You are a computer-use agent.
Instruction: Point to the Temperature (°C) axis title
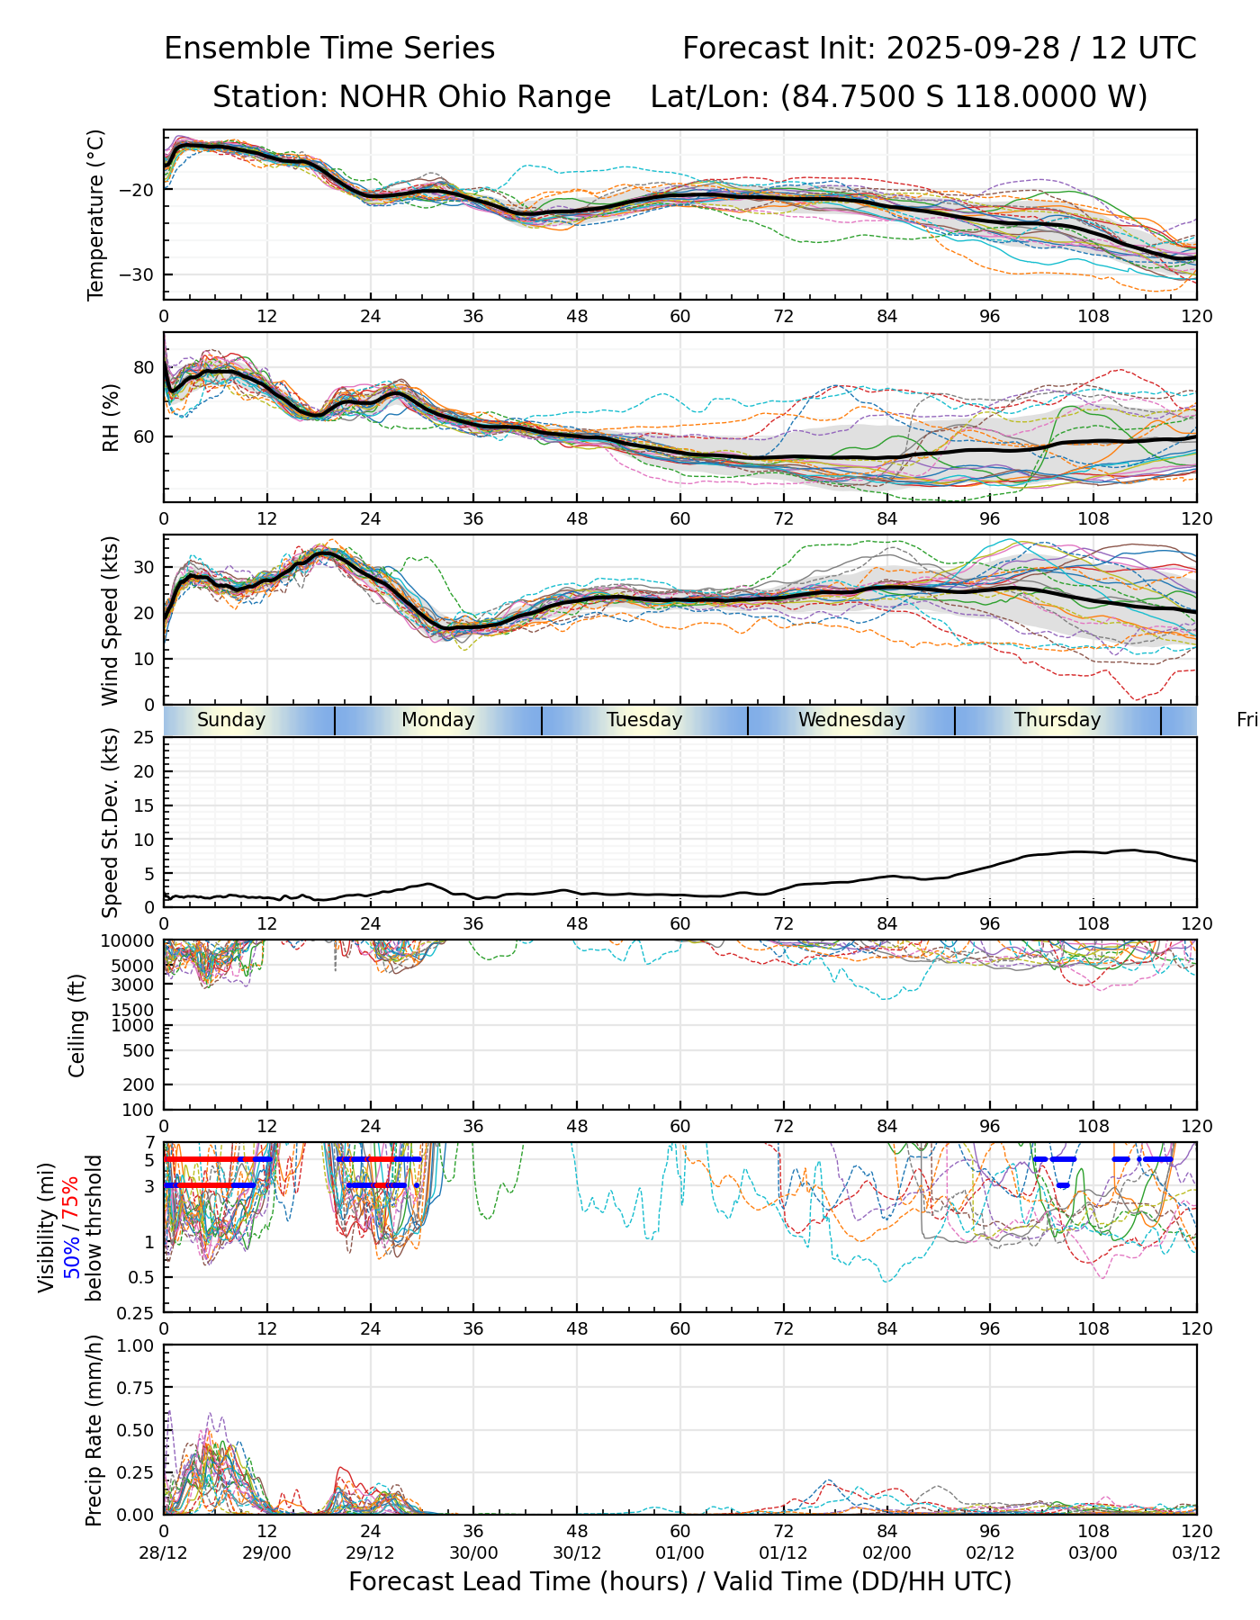coord(96,214)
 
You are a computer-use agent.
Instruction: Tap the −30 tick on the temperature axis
coord(141,274)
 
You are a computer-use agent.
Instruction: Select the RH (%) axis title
coord(111,418)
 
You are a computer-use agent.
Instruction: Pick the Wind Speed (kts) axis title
coord(110,620)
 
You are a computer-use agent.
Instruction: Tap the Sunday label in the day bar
coord(231,720)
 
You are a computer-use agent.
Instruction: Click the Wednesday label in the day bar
coord(851,720)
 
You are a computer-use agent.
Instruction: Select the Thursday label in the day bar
coord(1057,720)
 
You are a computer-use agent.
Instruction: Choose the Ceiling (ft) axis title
coord(77,1025)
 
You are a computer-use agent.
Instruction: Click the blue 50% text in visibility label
coord(71,1255)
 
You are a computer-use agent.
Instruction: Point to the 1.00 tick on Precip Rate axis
coord(136,1345)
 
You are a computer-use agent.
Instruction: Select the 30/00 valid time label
coord(473,1552)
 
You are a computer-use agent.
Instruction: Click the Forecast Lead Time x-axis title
coord(679,1582)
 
